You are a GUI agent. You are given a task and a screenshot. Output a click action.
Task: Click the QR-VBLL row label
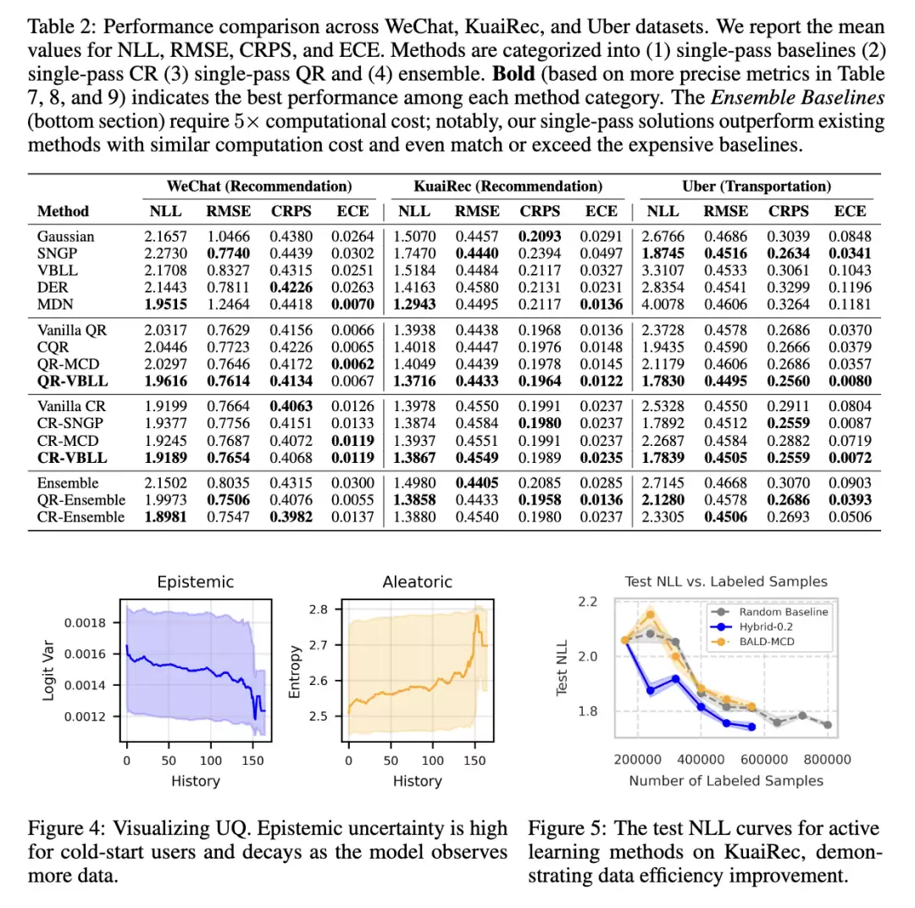tap(72, 382)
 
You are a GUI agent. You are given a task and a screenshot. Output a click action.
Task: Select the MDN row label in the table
tap(55, 304)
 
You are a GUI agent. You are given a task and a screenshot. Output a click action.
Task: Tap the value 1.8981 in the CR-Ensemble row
tap(166, 517)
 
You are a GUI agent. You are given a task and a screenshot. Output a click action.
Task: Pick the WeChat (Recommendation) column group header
tap(259, 187)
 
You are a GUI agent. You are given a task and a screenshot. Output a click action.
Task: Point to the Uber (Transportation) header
tap(757, 187)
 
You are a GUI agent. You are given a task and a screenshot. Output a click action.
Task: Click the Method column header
tap(63, 211)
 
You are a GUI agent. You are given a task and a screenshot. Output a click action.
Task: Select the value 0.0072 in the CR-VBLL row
tap(850, 458)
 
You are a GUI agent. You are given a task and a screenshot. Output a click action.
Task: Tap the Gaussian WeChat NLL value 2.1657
tap(166, 237)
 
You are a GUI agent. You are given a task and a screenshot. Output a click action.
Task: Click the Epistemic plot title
tap(196, 582)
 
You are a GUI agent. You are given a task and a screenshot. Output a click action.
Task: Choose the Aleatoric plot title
tap(417, 582)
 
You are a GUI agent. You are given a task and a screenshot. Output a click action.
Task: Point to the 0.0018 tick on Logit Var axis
tap(86, 622)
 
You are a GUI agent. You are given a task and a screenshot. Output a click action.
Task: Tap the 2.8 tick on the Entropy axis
tap(319, 610)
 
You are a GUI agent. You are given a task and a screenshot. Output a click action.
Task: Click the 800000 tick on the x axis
tap(827, 760)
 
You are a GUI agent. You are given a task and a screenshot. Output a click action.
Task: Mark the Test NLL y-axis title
tap(562, 667)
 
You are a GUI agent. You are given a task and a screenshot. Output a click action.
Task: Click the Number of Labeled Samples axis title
tap(726, 781)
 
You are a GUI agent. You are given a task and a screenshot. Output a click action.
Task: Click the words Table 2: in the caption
tap(63, 27)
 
